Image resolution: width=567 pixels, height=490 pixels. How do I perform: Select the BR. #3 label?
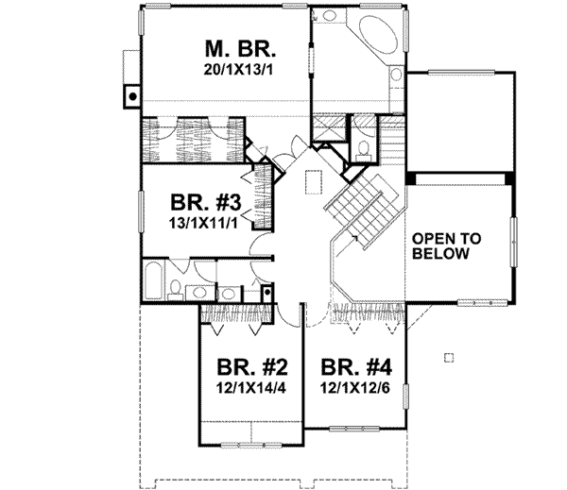(198, 203)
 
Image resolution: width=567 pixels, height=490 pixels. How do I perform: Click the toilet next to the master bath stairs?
(365, 149)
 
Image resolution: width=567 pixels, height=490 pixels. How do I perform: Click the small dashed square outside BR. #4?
(449, 357)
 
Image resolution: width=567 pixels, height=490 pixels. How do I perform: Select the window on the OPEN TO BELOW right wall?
(515, 244)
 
